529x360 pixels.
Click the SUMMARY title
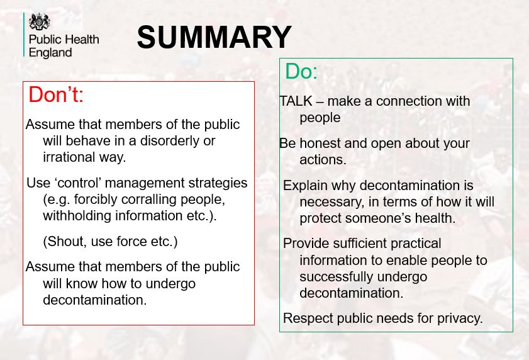click(x=214, y=37)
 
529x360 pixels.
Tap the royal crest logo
click(x=40, y=22)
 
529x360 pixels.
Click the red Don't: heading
click(x=56, y=94)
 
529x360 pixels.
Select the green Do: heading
click(x=301, y=71)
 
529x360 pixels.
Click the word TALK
click(x=296, y=101)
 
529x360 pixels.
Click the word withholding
click(x=77, y=216)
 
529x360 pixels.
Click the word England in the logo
click(x=50, y=53)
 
